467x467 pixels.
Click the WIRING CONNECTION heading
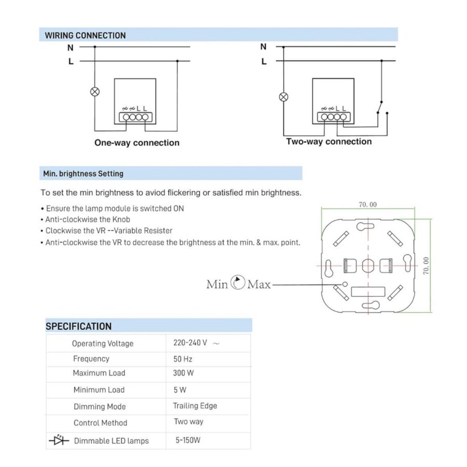(x=85, y=36)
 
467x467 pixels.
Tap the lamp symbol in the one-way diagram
(x=95, y=91)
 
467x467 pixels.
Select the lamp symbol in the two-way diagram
(x=283, y=97)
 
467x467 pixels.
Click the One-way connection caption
(x=137, y=143)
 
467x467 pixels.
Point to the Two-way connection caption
(x=329, y=142)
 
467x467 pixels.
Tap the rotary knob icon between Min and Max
(x=238, y=283)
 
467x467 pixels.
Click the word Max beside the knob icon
(x=259, y=284)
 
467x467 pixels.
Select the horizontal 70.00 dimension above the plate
(x=367, y=204)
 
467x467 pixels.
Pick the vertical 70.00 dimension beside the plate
(x=425, y=265)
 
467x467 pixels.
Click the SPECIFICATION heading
(x=78, y=326)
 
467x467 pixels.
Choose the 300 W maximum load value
(x=184, y=373)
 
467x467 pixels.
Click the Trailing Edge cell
(x=195, y=406)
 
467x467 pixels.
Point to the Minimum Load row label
(x=99, y=390)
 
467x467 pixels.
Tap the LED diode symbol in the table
(x=59, y=441)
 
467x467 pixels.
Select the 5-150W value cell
(x=188, y=441)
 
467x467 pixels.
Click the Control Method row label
(x=100, y=423)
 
